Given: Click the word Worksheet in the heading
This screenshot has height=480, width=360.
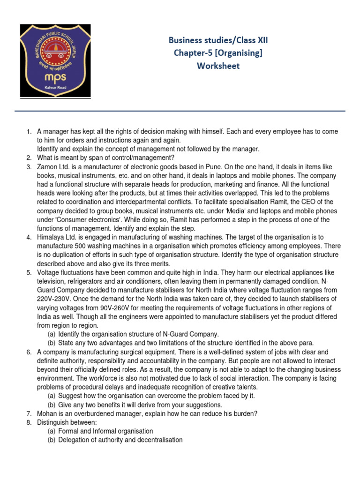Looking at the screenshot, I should (218, 66).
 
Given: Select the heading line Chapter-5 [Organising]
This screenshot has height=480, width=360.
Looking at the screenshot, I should (218, 53).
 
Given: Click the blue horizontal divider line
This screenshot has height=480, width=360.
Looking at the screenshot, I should (180, 111).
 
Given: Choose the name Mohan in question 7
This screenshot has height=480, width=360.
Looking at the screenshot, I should (47, 413).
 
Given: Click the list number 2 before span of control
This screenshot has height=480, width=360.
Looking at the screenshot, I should (28, 157).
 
